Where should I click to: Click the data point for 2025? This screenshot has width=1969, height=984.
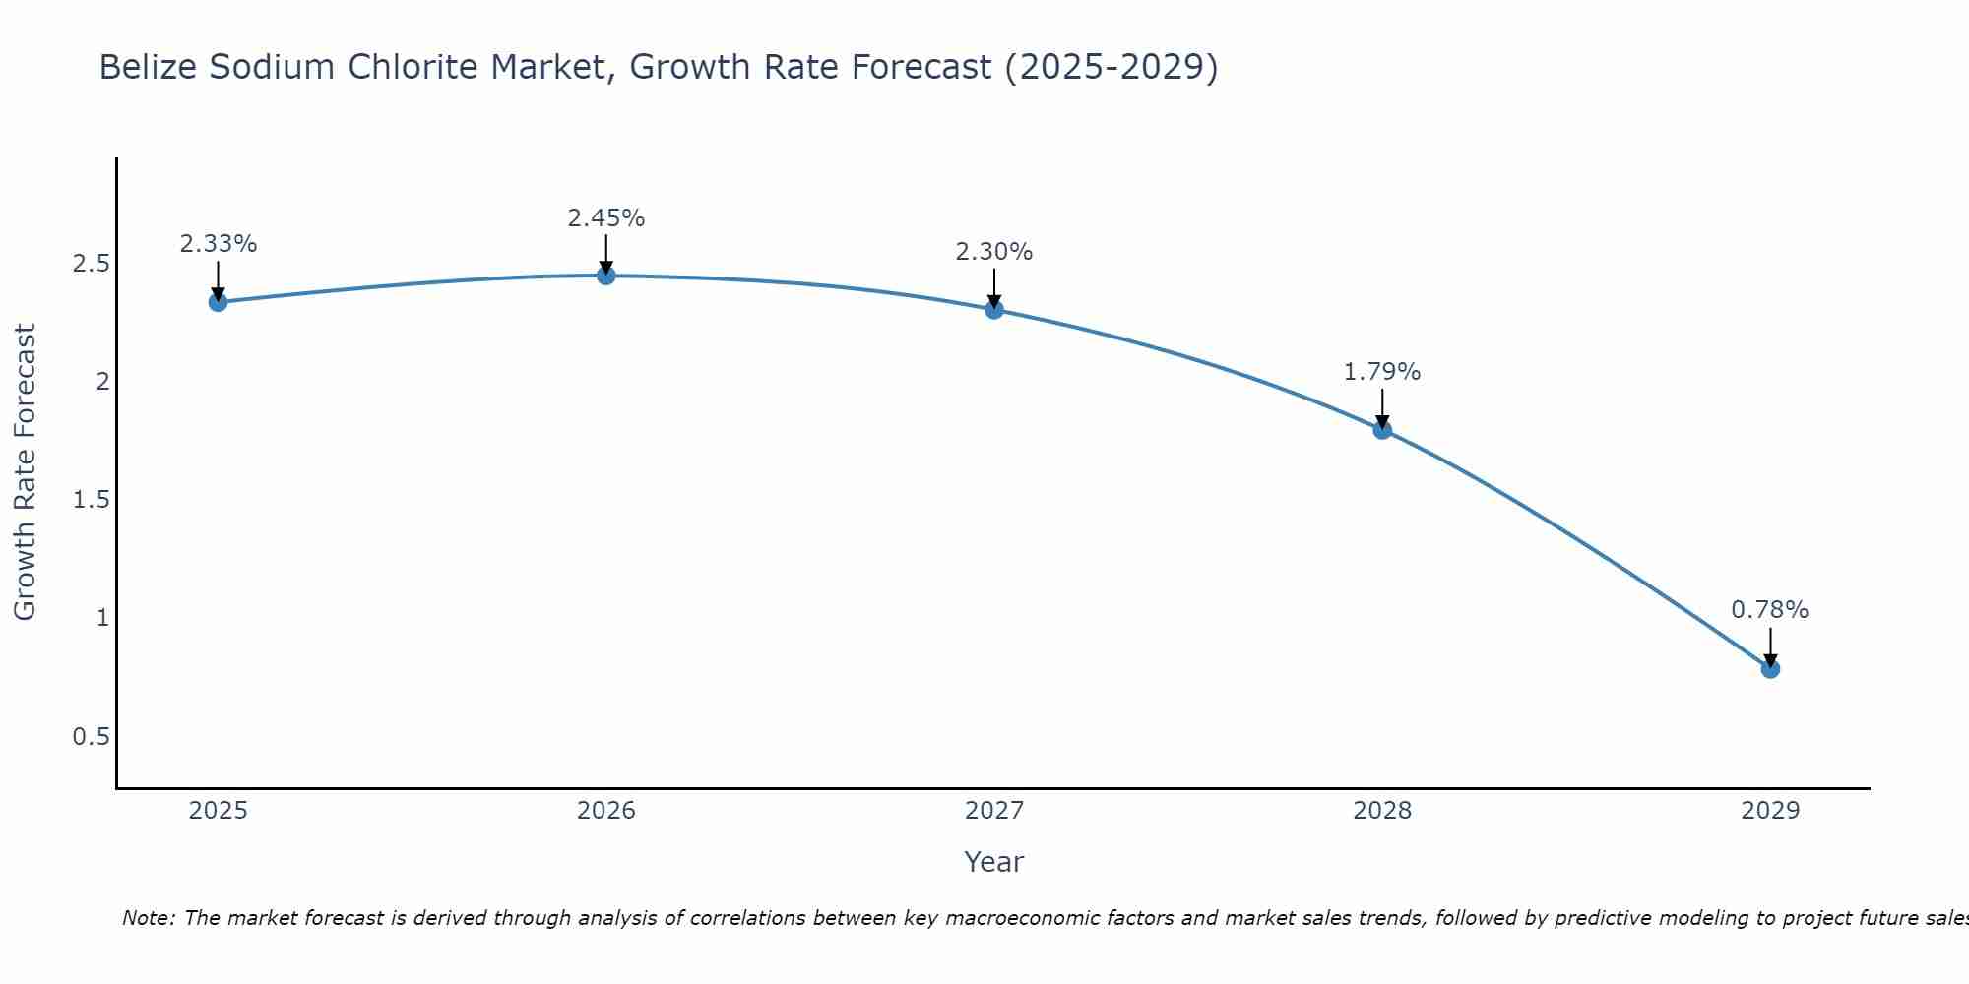(x=219, y=302)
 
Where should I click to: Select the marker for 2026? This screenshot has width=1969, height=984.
(x=606, y=276)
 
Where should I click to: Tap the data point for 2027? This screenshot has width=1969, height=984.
(x=994, y=310)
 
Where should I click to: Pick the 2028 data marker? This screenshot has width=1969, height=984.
(x=1382, y=429)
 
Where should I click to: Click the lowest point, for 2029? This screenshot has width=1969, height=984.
(x=1770, y=669)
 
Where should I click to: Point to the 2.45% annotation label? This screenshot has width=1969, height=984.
(x=606, y=218)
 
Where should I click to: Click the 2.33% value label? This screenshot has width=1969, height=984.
(x=219, y=244)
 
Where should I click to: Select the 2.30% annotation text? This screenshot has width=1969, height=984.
(x=994, y=252)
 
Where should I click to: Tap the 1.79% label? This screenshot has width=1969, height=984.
(x=1382, y=372)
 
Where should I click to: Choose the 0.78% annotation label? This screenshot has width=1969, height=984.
(x=1770, y=610)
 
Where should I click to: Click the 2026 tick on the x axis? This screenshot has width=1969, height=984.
(x=606, y=811)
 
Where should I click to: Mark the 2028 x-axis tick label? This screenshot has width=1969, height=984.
(x=1382, y=811)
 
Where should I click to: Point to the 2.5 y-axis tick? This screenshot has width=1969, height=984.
(x=91, y=264)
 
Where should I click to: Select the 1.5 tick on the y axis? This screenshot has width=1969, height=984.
(x=91, y=500)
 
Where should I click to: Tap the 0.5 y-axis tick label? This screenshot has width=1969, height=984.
(x=91, y=737)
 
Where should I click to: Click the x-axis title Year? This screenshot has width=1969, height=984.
(x=994, y=862)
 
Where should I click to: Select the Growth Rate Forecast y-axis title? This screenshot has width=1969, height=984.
(x=25, y=472)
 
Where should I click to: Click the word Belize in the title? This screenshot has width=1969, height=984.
(x=146, y=67)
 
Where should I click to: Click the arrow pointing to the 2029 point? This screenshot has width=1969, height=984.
(x=1770, y=647)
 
